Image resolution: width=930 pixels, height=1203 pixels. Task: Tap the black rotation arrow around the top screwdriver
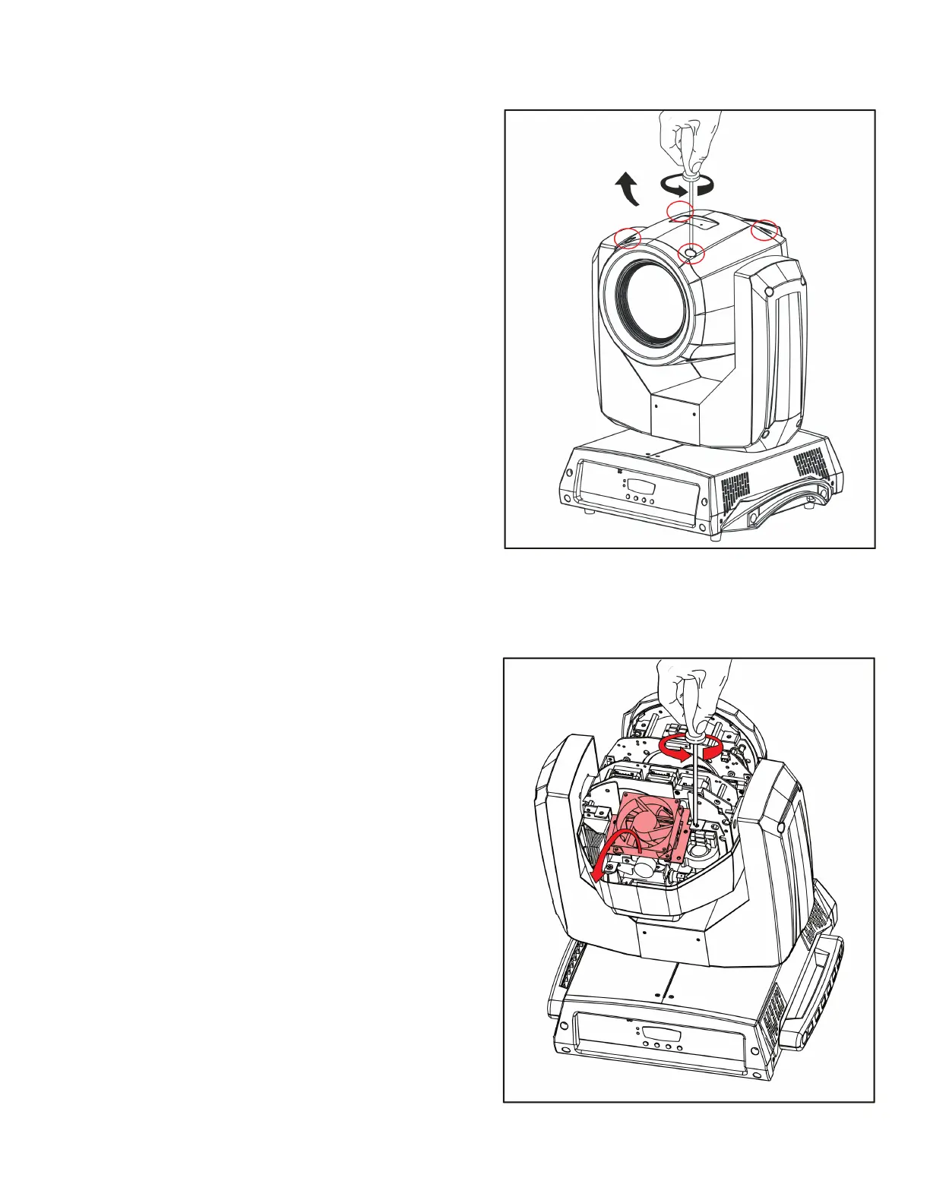pyautogui.click(x=688, y=185)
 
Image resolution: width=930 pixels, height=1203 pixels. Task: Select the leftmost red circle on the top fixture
pyautogui.click(x=627, y=238)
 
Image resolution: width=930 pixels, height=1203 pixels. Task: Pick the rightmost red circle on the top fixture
pyautogui.click(x=764, y=229)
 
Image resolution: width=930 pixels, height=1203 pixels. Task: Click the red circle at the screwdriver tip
pyautogui.click(x=690, y=252)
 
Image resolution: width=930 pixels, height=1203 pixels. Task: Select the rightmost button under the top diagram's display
pyautogui.click(x=653, y=501)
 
